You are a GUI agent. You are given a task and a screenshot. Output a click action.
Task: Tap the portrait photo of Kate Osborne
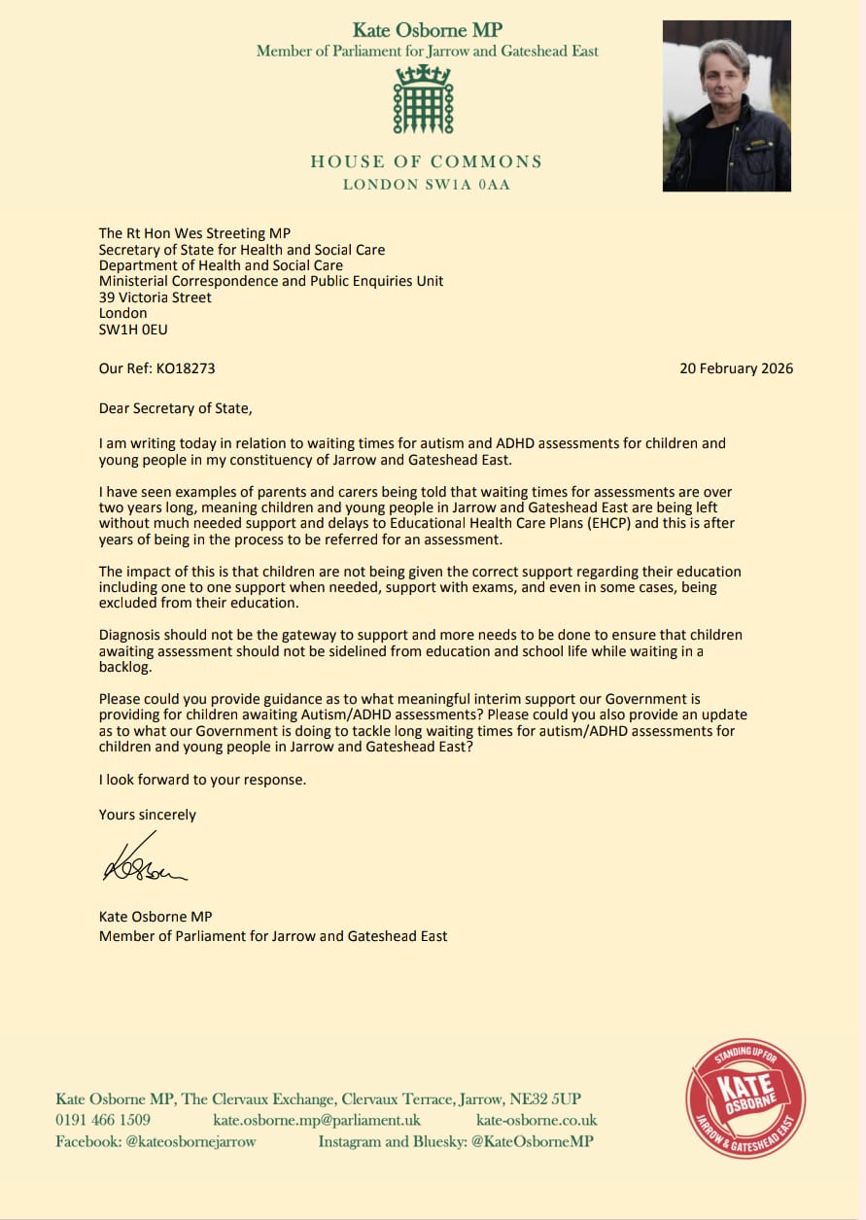pos(726,105)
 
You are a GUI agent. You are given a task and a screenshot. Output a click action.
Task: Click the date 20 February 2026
pos(736,368)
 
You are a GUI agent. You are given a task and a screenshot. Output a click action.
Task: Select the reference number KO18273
pos(186,368)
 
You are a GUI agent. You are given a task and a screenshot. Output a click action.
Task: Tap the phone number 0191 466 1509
pos(102,1120)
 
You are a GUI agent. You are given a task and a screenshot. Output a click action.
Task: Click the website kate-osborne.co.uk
pos(537,1120)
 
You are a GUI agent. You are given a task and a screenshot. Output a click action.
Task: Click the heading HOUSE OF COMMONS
pos(427,161)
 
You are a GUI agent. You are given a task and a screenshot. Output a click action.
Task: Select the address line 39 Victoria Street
pos(156,297)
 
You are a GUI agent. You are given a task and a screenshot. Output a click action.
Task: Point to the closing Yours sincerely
pos(148,815)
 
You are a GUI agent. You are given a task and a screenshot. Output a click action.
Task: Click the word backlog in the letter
pos(126,667)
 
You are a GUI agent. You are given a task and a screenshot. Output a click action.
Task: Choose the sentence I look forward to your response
pos(202,780)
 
